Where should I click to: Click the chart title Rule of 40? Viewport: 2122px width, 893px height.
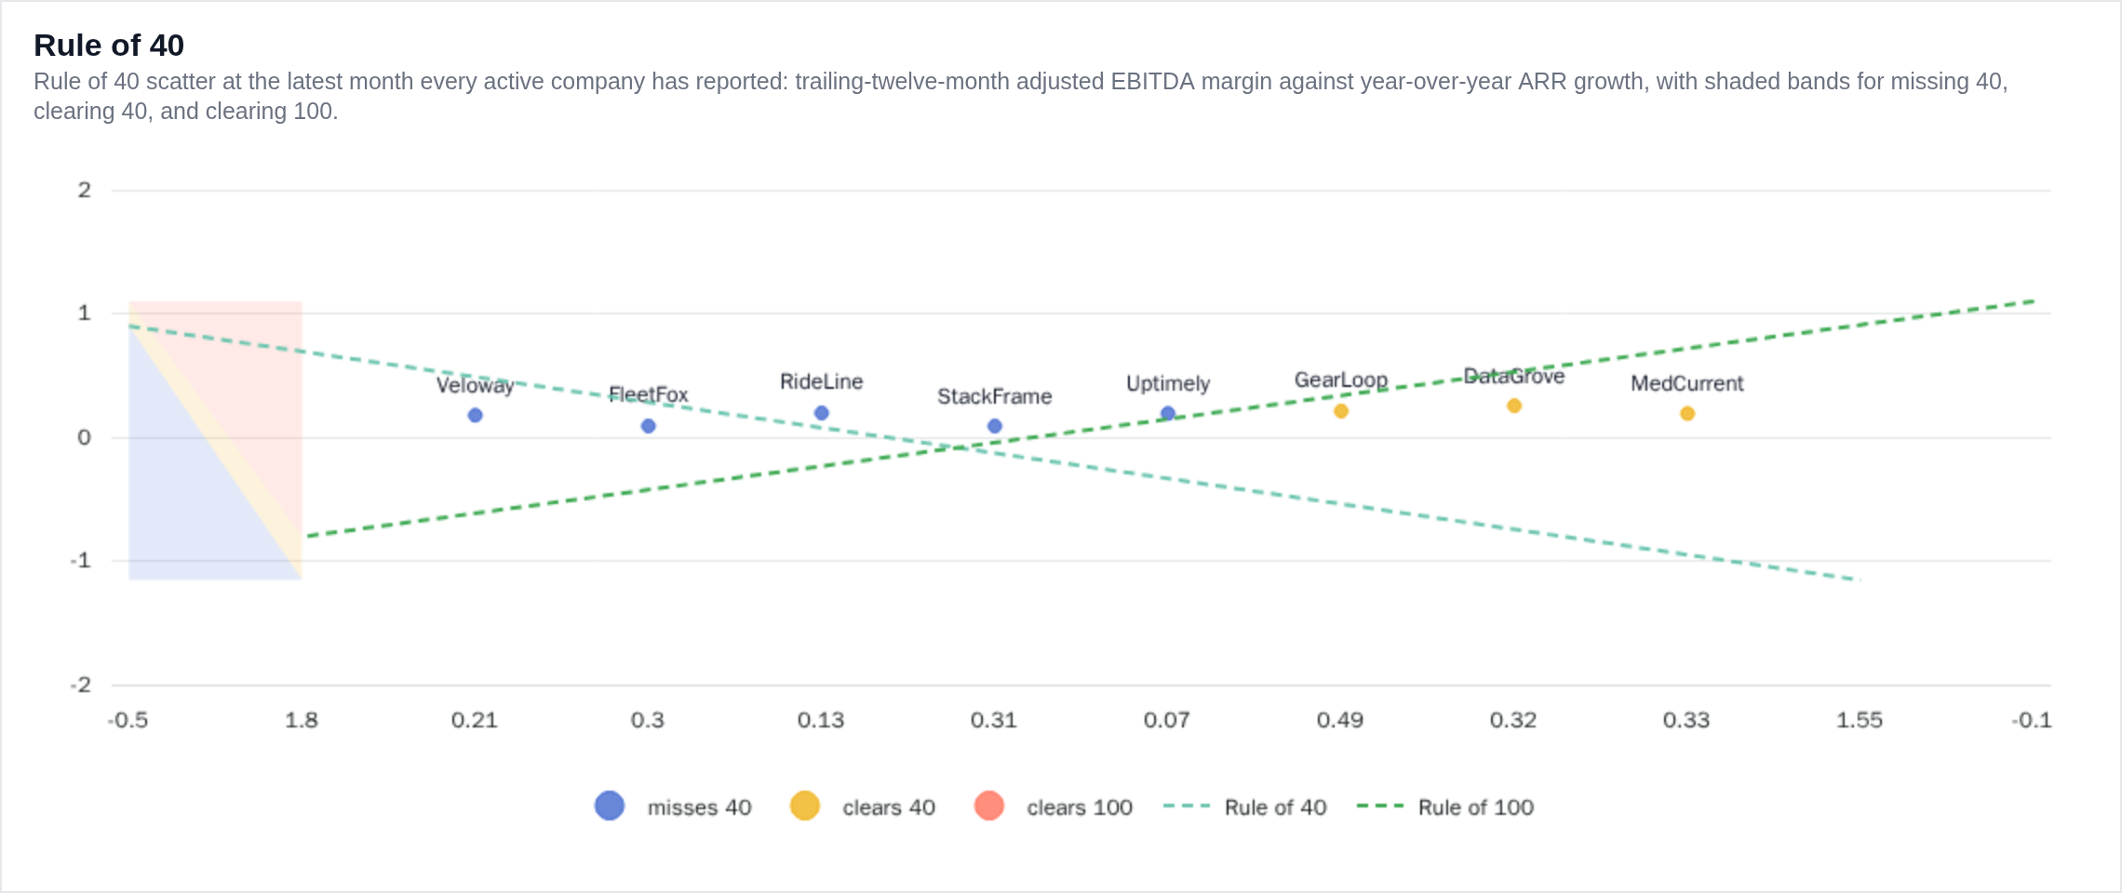click(109, 45)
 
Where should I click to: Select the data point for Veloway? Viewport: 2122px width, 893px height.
click(475, 415)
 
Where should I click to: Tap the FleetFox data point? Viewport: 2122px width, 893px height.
click(649, 426)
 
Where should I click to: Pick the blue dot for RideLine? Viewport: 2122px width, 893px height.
click(821, 413)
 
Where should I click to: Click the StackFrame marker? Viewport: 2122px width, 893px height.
click(995, 426)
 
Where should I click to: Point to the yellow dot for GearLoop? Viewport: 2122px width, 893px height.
click(1341, 411)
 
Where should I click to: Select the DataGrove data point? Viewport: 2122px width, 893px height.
click(1514, 406)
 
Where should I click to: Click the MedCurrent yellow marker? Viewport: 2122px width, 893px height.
click(1687, 413)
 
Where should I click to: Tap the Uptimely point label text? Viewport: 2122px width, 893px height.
click(1168, 383)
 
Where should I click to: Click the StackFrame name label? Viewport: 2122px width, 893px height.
click(995, 396)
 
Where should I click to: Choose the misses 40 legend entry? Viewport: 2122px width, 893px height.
click(673, 806)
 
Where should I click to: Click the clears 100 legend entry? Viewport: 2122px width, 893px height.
click(1054, 806)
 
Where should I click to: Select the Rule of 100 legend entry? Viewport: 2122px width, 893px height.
click(1445, 806)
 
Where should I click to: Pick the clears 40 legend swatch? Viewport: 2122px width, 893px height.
click(805, 806)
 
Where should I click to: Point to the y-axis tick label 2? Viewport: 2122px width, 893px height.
click(85, 190)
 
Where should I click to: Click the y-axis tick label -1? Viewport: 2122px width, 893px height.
click(81, 560)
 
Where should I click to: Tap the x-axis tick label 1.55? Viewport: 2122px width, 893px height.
click(1860, 720)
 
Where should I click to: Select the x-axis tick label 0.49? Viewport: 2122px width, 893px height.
click(1340, 720)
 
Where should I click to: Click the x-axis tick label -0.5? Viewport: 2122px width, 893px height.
click(128, 720)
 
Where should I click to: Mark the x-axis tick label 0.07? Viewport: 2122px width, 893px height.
click(1167, 720)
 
